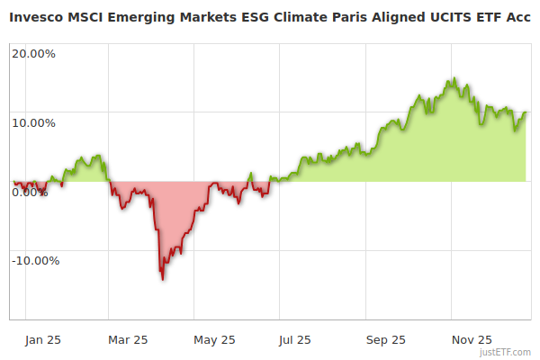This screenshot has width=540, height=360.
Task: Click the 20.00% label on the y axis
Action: [x=33, y=53]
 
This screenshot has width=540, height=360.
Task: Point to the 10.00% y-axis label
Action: [x=33, y=122]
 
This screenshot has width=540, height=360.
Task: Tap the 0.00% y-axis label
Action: [x=30, y=192]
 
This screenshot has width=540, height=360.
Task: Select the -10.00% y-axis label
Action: [x=35, y=261]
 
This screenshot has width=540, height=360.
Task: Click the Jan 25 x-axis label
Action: [x=43, y=339]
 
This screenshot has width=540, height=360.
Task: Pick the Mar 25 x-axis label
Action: [x=128, y=339]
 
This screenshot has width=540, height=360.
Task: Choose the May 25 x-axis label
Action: [x=214, y=339]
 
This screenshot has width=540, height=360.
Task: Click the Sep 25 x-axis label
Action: [x=386, y=339]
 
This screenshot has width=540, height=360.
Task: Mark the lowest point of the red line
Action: [x=163, y=279]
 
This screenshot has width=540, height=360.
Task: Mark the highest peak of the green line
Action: [x=454, y=78]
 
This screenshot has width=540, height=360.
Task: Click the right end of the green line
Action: [x=526, y=112]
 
